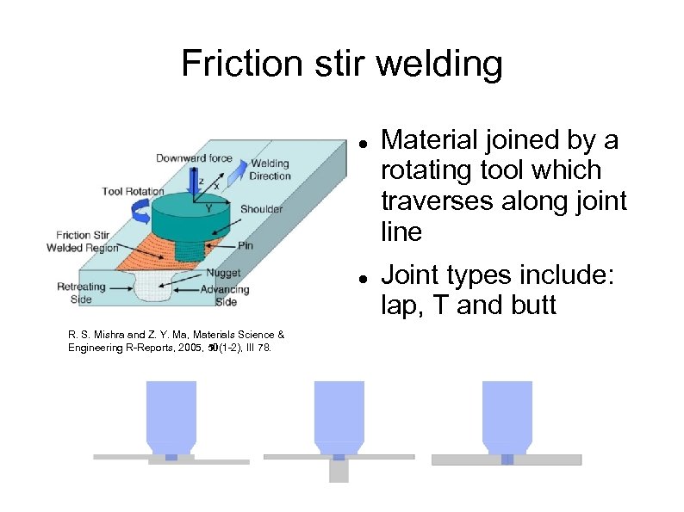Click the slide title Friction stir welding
tap(341, 64)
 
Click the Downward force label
tap(193, 157)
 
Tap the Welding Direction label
tap(270, 170)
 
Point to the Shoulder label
tap(261, 209)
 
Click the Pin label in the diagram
tap(246, 245)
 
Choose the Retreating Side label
tap(81, 293)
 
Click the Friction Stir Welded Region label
tap(84, 242)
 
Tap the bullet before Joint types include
tap(364, 277)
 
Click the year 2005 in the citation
tap(188, 348)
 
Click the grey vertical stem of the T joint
tap(339, 471)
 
